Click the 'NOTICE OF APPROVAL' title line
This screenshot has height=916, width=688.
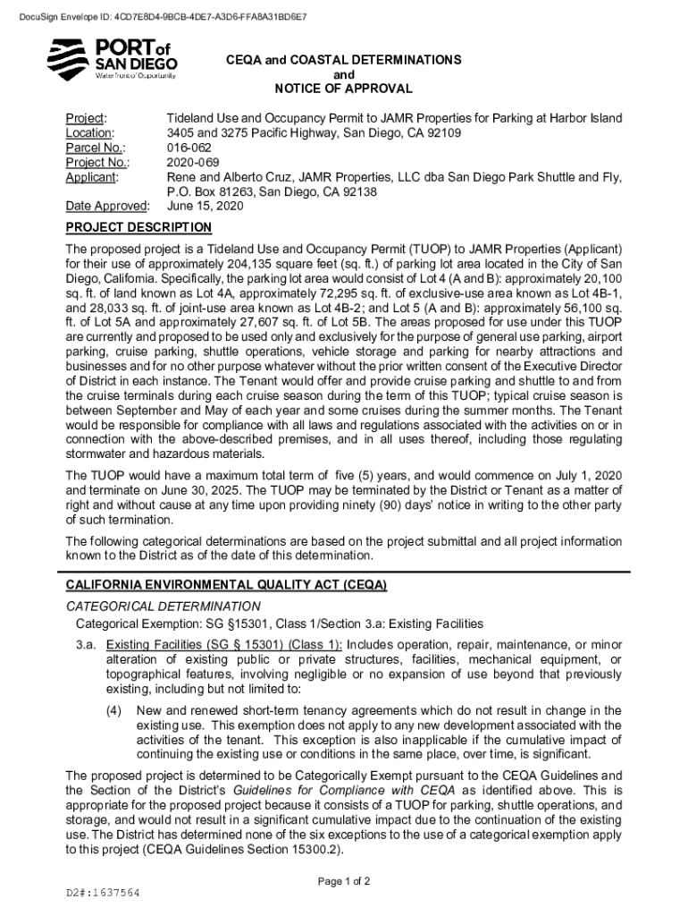coord(343,89)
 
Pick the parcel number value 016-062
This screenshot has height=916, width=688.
coord(189,148)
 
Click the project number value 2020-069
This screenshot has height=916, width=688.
coord(192,162)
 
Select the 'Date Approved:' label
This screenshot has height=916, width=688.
coord(107,207)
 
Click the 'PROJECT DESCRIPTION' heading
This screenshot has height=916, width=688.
coord(138,228)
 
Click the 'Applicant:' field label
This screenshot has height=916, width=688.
coord(92,177)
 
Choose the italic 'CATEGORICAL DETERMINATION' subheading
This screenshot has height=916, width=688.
coord(164,606)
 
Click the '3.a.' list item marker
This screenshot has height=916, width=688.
coord(87,644)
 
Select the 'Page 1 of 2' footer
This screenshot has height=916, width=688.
coord(344,881)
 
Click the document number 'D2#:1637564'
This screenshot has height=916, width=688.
coord(103,894)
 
